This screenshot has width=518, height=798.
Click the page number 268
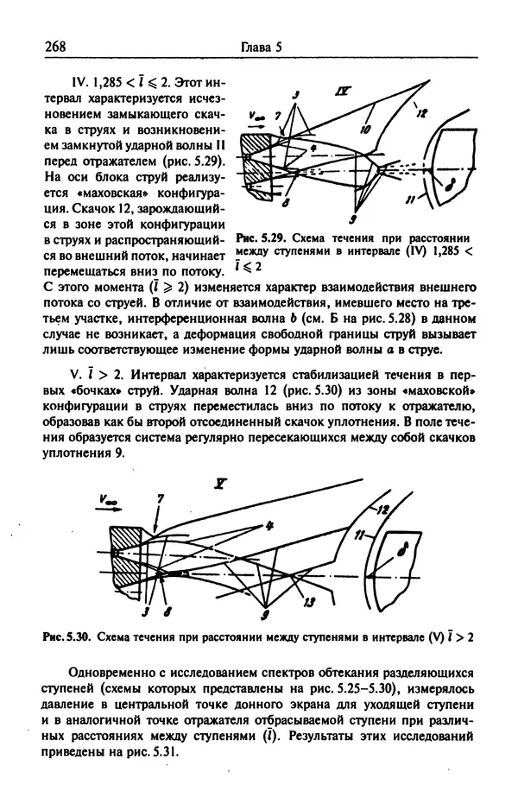(54, 48)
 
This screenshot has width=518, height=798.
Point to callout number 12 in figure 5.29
(421, 111)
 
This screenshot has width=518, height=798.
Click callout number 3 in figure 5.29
(295, 93)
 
